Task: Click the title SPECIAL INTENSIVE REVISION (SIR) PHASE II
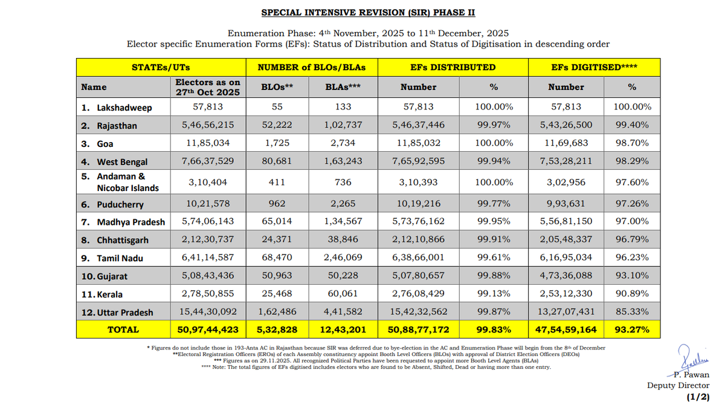click(x=372, y=12)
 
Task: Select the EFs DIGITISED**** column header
click(x=594, y=67)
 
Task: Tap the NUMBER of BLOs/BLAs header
click(x=312, y=67)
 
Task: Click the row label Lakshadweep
click(x=124, y=108)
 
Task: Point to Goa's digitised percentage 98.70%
click(x=632, y=144)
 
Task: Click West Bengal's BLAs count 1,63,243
click(x=343, y=162)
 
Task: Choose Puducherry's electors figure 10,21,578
click(x=207, y=204)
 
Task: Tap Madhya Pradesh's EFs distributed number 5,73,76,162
click(x=418, y=222)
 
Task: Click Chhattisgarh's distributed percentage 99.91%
click(x=495, y=240)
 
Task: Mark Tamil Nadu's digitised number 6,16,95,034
click(x=566, y=258)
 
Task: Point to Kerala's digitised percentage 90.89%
click(x=632, y=294)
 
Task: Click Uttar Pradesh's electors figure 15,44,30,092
click(x=207, y=312)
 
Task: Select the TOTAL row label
click(x=123, y=329)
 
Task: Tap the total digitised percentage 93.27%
click(x=632, y=329)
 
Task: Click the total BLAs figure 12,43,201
click(x=343, y=329)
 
